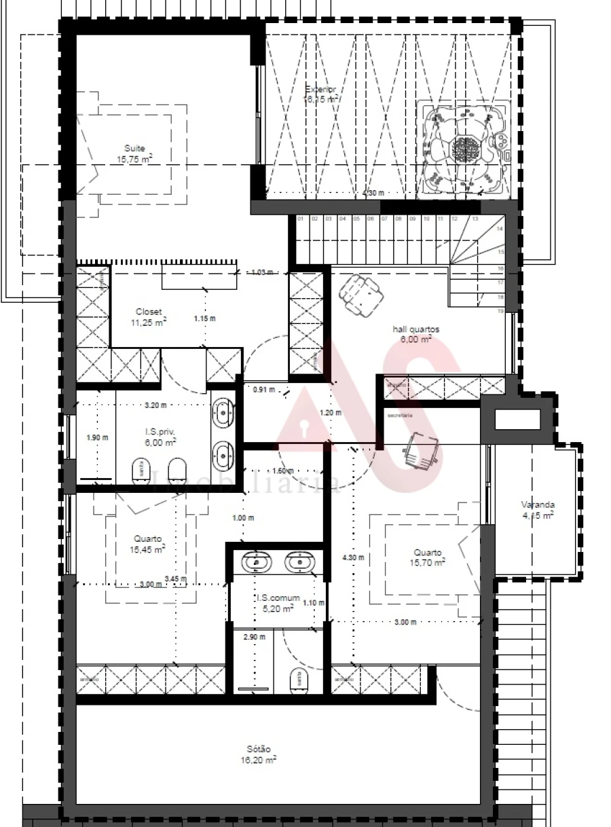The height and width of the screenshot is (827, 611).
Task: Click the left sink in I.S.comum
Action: (x=256, y=562)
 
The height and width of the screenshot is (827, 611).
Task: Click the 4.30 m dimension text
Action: (x=353, y=557)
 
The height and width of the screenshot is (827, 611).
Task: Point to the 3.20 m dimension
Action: (x=155, y=405)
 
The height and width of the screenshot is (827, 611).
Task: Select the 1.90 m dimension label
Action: (x=97, y=437)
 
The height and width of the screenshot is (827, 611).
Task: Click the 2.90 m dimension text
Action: (x=255, y=637)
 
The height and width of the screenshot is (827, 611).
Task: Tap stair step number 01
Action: (x=300, y=219)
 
